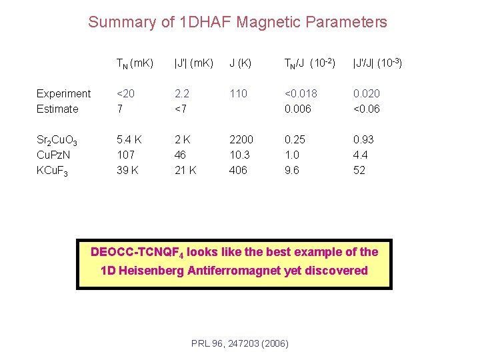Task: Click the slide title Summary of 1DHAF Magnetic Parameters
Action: pos(237,22)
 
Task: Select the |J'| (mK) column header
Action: pos(193,63)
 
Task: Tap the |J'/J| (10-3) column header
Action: pos(377,63)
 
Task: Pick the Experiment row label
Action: pos(63,93)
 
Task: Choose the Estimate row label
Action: pos(57,109)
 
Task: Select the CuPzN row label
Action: pos(55,155)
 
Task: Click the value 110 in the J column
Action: pos(238,93)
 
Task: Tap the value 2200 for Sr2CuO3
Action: pos(241,139)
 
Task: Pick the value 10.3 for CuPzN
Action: pos(239,155)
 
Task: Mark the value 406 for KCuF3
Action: pos(238,170)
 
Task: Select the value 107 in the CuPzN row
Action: pos(126,155)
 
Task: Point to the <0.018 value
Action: pos(301,93)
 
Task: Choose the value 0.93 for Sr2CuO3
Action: pos(363,139)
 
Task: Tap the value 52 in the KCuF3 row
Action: pos(359,170)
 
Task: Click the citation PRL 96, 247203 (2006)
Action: pos(239,343)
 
